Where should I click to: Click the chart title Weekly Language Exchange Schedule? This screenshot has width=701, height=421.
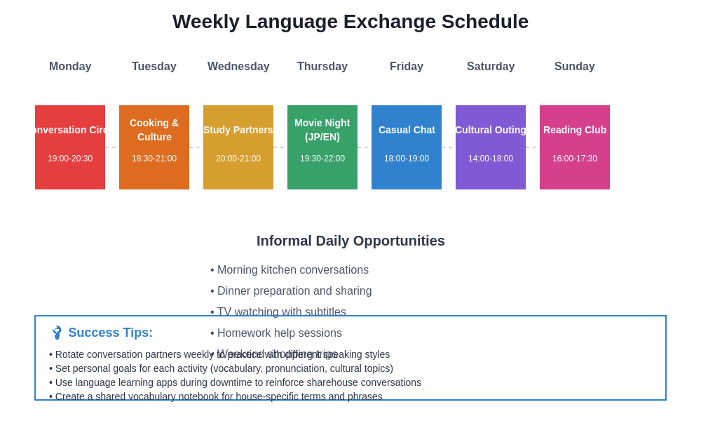click(350, 22)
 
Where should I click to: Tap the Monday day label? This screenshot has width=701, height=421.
click(70, 67)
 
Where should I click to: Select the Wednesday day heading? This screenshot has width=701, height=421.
click(238, 67)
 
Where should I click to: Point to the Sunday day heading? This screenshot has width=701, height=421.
click(575, 67)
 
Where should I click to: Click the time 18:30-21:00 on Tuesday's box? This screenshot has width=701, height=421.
click(154, 159)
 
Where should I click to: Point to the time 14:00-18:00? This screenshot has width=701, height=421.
click(491, 159)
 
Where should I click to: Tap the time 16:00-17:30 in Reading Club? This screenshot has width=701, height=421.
click(575, 159)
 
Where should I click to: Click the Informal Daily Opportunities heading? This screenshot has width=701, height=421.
click(350, 241)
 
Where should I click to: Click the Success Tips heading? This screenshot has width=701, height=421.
click(110, 333)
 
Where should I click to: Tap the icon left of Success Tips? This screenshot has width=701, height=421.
click(57, 333)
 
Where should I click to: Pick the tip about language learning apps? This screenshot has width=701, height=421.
click(235, 382)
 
